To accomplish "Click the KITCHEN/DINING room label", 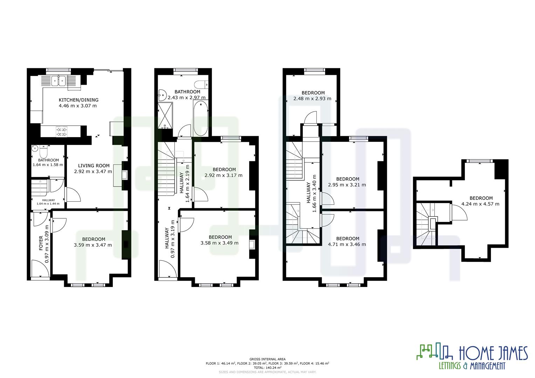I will click(78, 100).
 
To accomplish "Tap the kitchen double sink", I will click(58, 81).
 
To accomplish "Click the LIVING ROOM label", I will click(94, 166).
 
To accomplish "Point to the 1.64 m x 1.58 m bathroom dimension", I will click(48, 165).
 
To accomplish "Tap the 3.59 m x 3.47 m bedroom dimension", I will click(93, 245).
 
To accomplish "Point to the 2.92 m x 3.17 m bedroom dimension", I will click(223, 175).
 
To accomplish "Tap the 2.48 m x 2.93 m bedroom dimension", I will click(313, 99).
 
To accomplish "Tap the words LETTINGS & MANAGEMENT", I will click(472, 366).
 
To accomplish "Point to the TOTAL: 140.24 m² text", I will click(267, 368).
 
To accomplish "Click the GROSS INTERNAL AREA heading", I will click(267, 359).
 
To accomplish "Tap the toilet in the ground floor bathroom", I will click(44, 152).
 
